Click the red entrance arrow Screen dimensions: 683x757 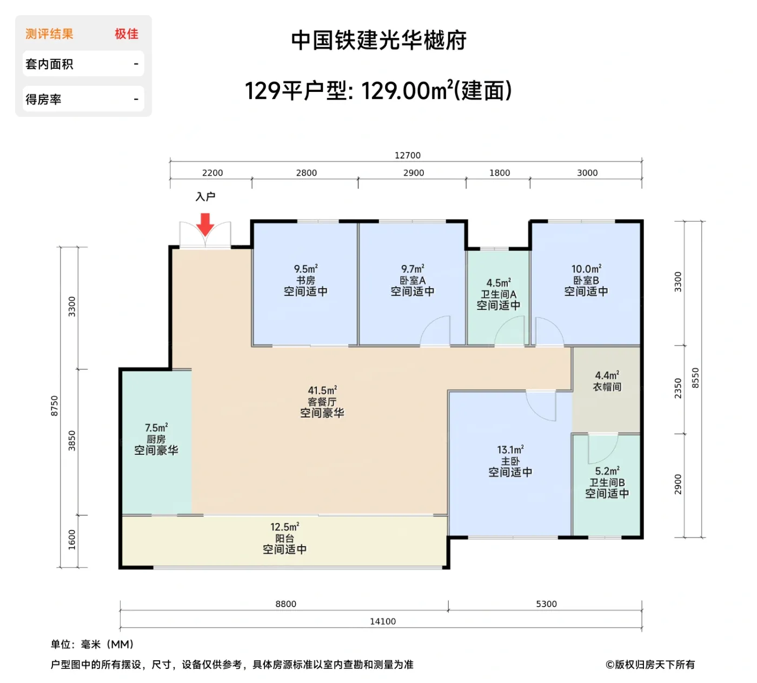[x=205, y=224]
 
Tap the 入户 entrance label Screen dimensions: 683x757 [x=205, y=197]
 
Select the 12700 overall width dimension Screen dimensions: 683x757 [x=407, y=155]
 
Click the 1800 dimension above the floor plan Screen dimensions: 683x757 [x=499, y=173]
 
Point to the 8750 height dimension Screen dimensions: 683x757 [x=54, y=406]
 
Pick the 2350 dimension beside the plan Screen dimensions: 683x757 [x=678, y=388]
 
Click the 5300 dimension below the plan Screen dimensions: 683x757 [x=546, y=604]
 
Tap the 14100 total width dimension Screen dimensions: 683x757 [x=382, y=621]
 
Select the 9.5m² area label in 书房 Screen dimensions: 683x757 [x=306, y=269]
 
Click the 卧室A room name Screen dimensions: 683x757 [x=413, y=280]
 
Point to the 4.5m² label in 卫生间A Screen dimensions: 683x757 [x=499, y=283]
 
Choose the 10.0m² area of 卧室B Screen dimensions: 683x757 [x=586, y=269]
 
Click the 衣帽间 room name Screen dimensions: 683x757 [x=607, y=387]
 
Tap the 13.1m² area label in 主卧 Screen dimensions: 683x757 [x=510, y=449]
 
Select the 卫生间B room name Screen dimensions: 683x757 [x=607, y=482]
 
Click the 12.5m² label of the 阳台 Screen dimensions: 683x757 [x=284, y=527]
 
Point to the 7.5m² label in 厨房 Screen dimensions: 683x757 [x=156, y=428]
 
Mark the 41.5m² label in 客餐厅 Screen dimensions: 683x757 [x=322, y=390]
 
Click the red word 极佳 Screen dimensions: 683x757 [x=127, y=34]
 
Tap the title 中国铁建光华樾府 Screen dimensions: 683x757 [x=378, y=41]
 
